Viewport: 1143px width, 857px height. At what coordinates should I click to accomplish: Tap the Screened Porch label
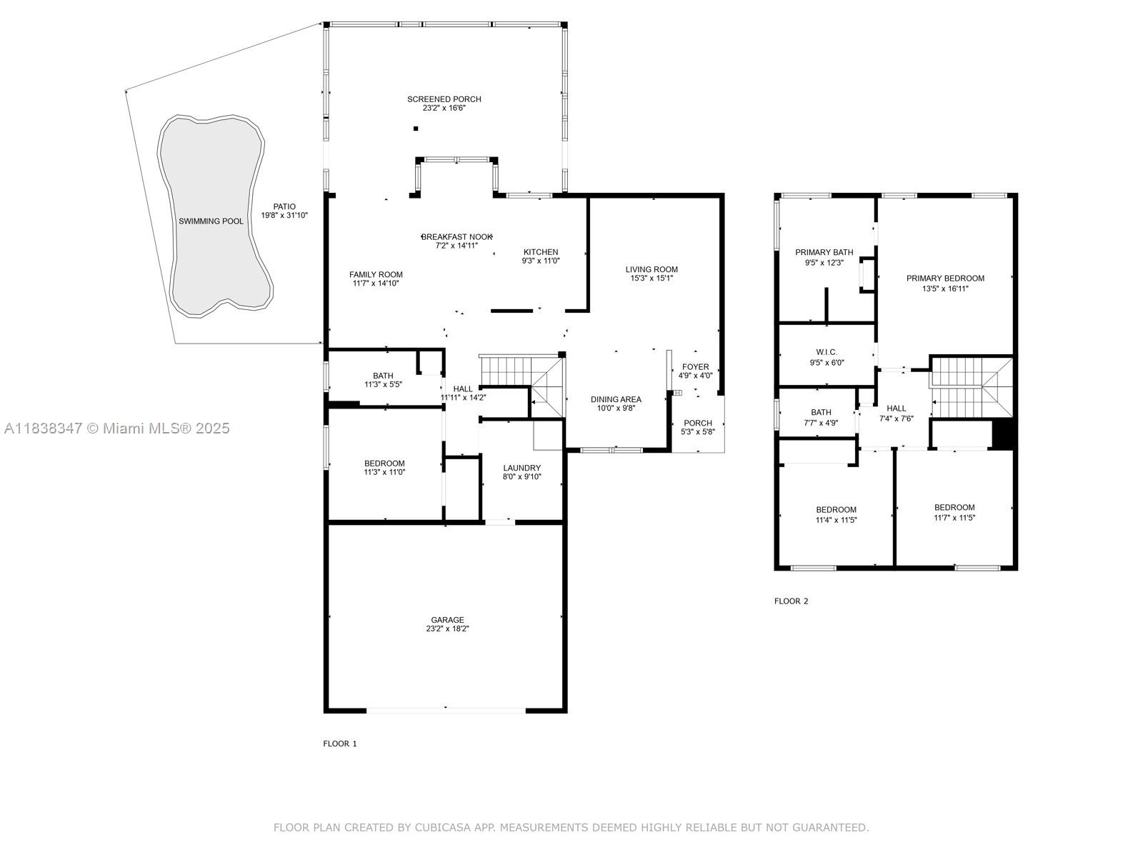[x=444, y=99]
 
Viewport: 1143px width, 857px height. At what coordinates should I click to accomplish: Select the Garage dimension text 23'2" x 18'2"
[x=447, y=629]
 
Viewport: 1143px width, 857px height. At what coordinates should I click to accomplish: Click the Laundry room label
[x=521, y=468]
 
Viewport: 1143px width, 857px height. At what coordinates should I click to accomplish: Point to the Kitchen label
[x=541, y=252]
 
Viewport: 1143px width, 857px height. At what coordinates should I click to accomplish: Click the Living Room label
[x=652, y=269]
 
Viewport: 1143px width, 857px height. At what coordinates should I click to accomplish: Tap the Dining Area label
[x=615, y=399]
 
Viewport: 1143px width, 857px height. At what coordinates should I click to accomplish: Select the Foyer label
[x=695, y=367]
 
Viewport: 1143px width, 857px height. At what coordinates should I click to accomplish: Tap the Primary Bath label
[x=824, y=252]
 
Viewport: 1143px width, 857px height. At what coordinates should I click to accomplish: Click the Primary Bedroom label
[x=945, y=279]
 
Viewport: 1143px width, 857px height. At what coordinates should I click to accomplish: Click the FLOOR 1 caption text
[x=340, y=743]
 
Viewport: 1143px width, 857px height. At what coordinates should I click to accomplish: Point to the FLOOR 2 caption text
[x=791, y=601]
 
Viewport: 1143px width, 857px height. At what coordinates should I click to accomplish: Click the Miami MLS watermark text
[x=116, y=428]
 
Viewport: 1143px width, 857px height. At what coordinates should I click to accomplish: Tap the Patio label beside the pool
[x=284, y=206]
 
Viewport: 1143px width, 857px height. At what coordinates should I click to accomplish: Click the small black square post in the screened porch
[x=416, y=129]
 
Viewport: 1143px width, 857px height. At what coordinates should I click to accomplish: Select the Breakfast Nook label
[x=456, y=236]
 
